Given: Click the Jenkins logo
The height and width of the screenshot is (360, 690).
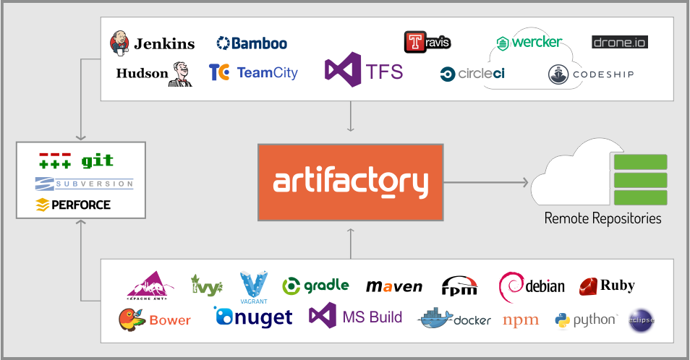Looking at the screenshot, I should (x=153, y=43).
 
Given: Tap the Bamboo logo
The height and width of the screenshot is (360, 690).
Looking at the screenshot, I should (x=252, y=43).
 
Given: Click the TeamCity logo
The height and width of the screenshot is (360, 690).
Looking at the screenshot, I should (x=253, y=72).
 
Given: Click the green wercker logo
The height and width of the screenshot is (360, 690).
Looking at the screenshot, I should (x=529, y=42).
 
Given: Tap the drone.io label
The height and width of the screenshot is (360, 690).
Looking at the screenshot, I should (x=619, y=42).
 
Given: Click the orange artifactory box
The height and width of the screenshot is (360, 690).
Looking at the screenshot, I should (x=350, y=182).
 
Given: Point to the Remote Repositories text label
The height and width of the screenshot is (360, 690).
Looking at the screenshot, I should (x=602, y=218).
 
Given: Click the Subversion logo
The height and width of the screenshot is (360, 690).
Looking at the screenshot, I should (x=85, y=184).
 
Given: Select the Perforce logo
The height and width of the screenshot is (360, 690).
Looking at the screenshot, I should (x=73, y=205).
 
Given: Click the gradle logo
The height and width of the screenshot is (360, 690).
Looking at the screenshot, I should (x=315, y=286).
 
